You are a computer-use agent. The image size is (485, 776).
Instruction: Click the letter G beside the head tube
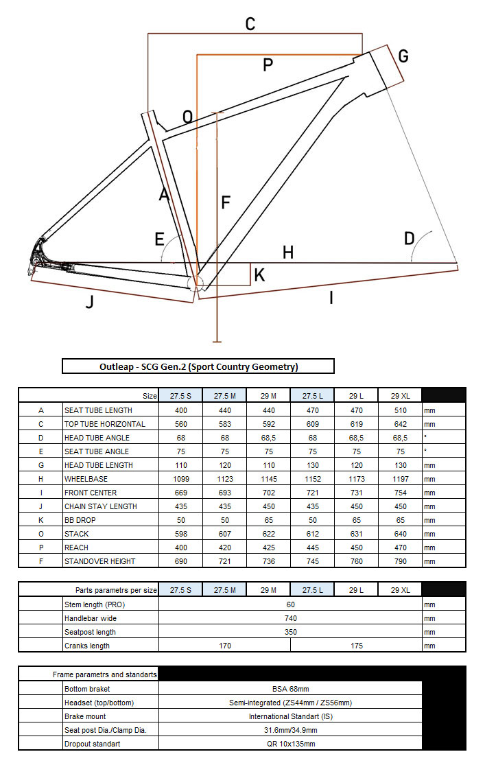coord(403,56)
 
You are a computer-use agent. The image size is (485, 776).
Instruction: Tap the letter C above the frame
coord(250,25)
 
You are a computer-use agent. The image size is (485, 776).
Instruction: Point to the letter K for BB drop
coord(259,275)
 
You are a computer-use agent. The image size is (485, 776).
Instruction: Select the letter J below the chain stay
coord(89,301)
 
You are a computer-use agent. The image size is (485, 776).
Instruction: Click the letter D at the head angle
coord(410,239)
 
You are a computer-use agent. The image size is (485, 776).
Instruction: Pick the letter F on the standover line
coord(225,203)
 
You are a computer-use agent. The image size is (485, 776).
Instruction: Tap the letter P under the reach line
coord(268,65)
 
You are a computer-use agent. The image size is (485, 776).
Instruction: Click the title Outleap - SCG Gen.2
coord(198,366)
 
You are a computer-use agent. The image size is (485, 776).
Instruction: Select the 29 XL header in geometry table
coord(400,396)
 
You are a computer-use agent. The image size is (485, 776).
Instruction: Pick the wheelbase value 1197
coord(400,479)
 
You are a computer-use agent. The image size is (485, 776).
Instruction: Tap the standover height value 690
coord(180,561)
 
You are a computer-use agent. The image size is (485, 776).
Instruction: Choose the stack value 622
coord(268,534)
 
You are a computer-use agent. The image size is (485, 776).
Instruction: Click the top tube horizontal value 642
coord(400,424)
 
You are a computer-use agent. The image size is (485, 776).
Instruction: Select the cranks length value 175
coord(356,646)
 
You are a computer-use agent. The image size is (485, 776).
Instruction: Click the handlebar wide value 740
coord(290,618)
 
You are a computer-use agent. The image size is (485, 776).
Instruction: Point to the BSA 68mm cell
coord(290,689)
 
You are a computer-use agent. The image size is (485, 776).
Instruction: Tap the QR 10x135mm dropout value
coord(290,744)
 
